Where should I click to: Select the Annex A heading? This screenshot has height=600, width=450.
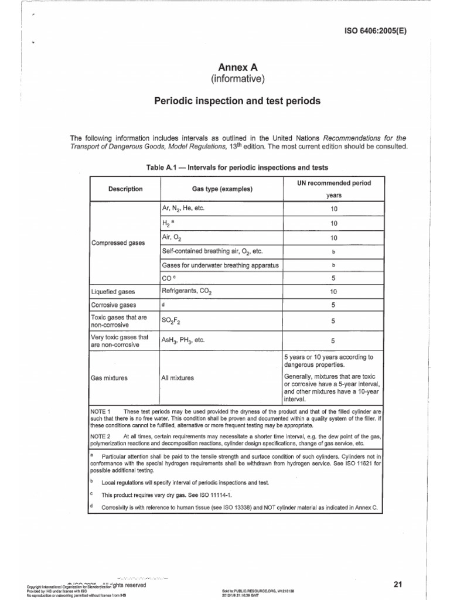(x=237, y=69)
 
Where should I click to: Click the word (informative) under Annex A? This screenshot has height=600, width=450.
(x=237, y=80)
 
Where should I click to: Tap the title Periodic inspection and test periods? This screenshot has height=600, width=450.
(x=237, y=101)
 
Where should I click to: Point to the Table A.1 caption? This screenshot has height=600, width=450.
(x=237, y=168)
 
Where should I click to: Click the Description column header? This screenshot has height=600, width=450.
(x=125, y=189)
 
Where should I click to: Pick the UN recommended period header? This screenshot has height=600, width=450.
(x=333, y=183)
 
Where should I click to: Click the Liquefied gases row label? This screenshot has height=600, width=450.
(x=113, y=291)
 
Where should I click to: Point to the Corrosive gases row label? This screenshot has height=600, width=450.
(x=113, y=305)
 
